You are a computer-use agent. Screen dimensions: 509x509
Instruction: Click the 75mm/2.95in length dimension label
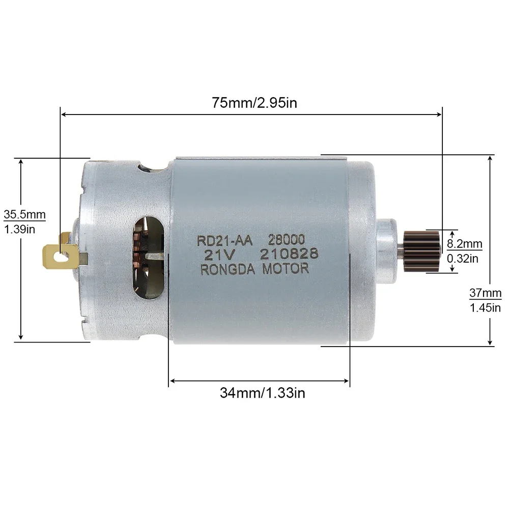pyautogui.click(x=254, y=102)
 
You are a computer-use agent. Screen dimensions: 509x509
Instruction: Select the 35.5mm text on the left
pyautogui.click(x=24, y=214)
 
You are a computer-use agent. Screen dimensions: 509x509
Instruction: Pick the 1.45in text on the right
pyautogui.click(x=485, y=307)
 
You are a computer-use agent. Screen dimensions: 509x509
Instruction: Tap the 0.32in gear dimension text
pyautogui.click(x=463, y=259)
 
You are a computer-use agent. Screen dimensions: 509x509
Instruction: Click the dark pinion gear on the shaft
pyautogui.click(x=422, y=250)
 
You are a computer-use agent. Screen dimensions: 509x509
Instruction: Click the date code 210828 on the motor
pyautogui.click(x=289, y=254)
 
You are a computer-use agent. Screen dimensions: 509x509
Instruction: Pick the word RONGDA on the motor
pyautogui.click(x=229, y=270)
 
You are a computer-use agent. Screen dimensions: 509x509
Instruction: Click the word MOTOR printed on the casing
pyautogui.click(x=286, y=269)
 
